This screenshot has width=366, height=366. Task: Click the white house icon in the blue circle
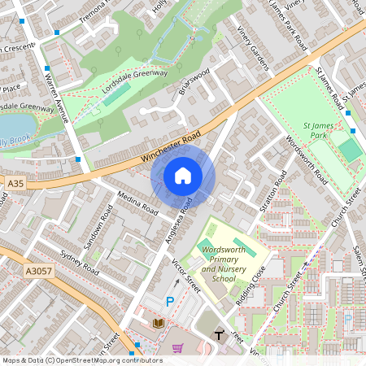pyautogui.click(x=183, y=175)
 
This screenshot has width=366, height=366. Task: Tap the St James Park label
pyautogui.click(x=319, y=132)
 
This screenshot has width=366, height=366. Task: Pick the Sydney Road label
pyautogui.click(x=80, y=261)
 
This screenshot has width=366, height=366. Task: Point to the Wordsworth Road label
pyautogui.click(x=306, y=159)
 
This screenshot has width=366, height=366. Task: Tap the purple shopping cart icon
pyautogui.click(x=177, y=348)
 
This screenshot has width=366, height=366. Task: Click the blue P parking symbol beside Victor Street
pyautogui.click(x=170, y=302)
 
